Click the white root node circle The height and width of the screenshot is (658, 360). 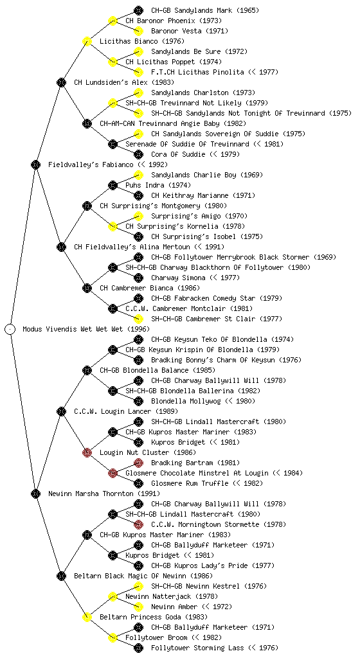(x=10, y=329)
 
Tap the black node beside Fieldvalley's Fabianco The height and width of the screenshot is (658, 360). (x=35, y=164)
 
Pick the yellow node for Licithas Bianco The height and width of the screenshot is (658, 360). (x=87, y=41)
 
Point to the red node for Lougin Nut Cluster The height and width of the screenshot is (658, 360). (x=87, y=452)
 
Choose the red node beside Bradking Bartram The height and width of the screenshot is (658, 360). (x=138, y=463)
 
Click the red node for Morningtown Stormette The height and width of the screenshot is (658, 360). (x=138, y=524)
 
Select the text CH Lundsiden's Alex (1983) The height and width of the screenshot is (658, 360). (x=124, y=82)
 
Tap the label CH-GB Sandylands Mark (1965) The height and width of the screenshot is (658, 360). (x=205, y=10)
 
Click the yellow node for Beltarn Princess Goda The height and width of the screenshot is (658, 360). (x=87, y=617)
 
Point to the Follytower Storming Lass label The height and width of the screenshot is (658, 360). (x=197, y=648)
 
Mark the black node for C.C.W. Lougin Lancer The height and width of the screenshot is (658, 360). (x=61, y=411)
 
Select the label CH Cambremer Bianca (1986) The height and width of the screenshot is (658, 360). (x=150, y=288)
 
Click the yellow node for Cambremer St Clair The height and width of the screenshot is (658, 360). (x=138, y=319)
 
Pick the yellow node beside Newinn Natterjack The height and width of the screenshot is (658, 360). (x=113, y=596)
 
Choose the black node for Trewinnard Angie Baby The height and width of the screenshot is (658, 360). (x=87, y=123)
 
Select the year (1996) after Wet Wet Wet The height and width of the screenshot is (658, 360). (x=138, y=329)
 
